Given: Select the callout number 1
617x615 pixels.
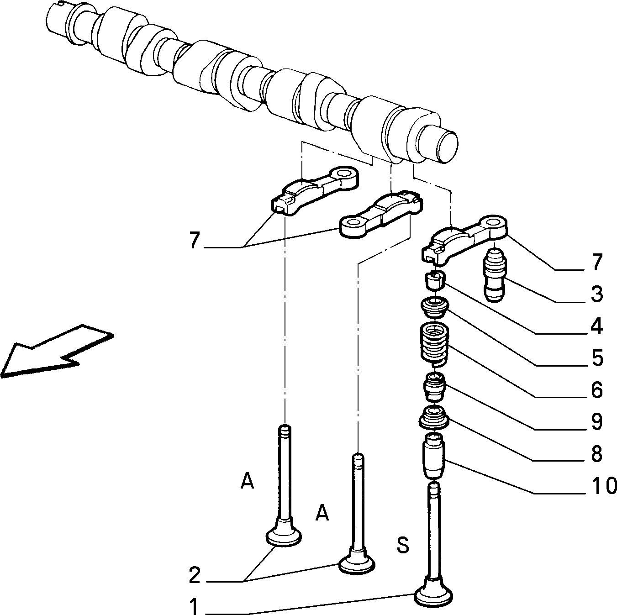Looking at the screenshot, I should click(x=194, y=607).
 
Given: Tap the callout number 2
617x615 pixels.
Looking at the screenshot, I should click(x=194, y=576).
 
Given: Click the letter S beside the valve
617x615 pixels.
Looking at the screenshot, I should click(x=402, y=545).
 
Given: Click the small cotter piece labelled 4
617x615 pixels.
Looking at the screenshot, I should click(x=435, y=280).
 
